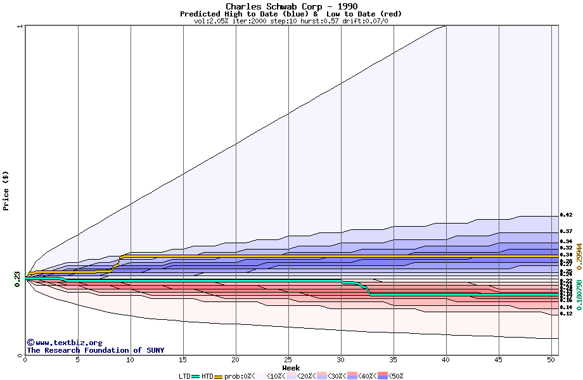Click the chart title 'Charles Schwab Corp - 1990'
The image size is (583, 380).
[291, 6]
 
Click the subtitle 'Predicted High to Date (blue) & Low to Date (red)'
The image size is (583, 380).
[291, 14]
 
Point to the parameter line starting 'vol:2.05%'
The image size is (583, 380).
[291, 21]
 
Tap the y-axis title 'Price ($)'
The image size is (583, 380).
[6, 190]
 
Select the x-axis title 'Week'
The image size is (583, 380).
[291, 367]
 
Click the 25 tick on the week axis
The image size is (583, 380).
[288, 360]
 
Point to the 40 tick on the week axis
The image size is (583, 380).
[446, 360]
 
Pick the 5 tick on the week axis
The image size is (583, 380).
[78, 360]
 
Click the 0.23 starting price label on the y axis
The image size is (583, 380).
[18, 277]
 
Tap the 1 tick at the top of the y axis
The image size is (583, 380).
[20, 26]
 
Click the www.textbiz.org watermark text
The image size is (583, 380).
[64, 343]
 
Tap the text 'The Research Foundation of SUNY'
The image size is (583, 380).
[95, 350]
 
